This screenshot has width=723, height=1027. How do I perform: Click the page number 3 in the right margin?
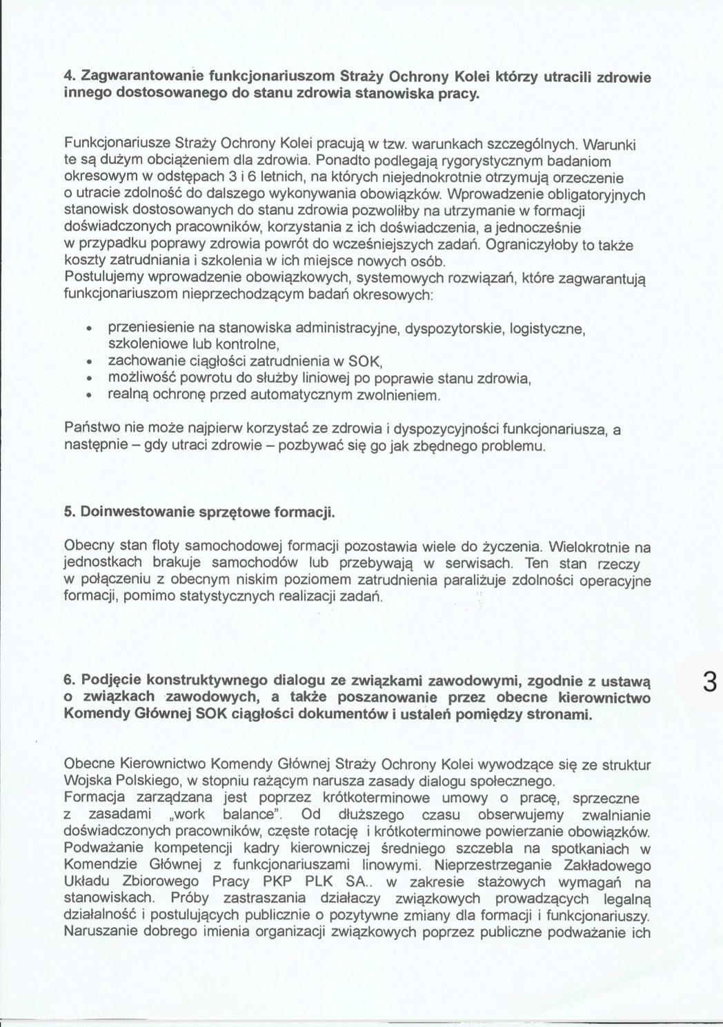(709, 682)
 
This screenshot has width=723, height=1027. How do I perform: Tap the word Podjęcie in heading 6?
(108, 680)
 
